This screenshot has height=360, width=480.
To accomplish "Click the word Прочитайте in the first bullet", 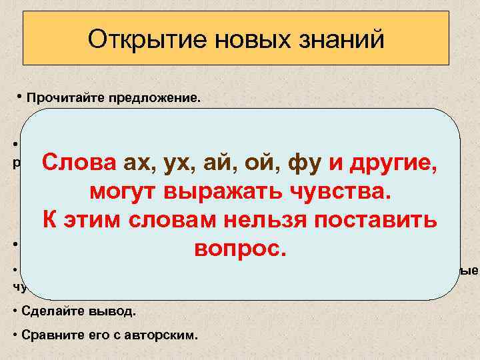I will tap(63, 98).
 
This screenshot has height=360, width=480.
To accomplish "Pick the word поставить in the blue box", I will tap(372, 220).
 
